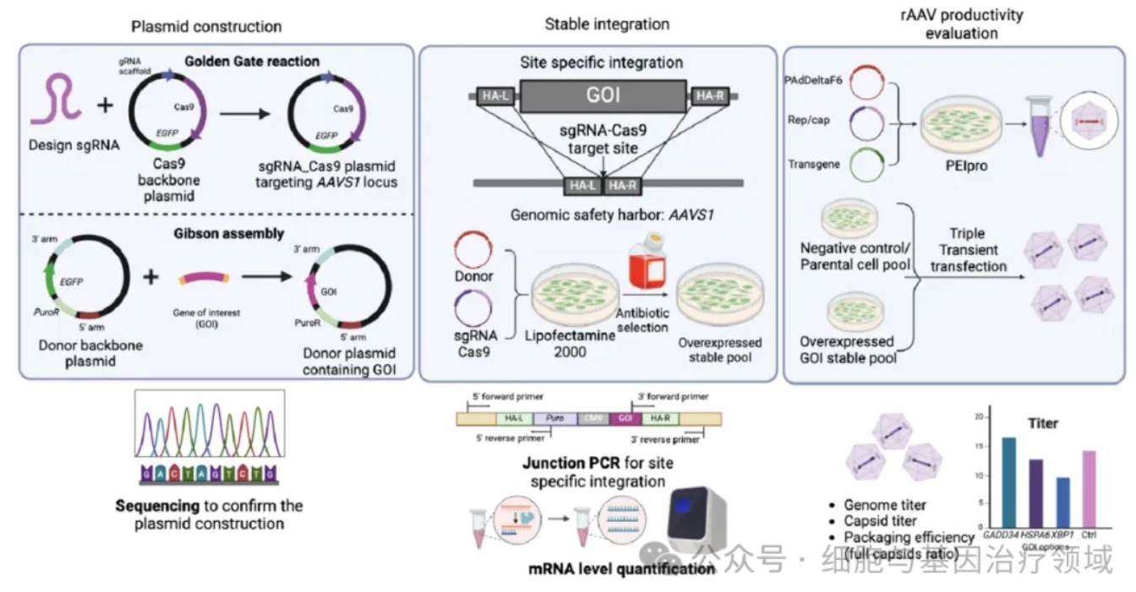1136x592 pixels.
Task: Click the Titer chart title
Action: (1042, 423)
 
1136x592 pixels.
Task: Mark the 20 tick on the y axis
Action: (977, 417)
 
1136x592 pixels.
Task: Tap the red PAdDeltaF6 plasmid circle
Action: (864, 84)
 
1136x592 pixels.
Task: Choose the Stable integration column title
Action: (607, 24)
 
